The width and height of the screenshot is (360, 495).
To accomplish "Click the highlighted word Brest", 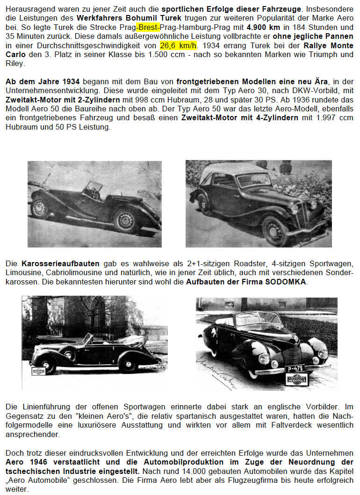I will pyautogui.click(x=148, y=27).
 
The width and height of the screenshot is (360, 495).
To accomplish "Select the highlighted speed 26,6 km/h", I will pyautogui.click(x=179, y=45).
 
